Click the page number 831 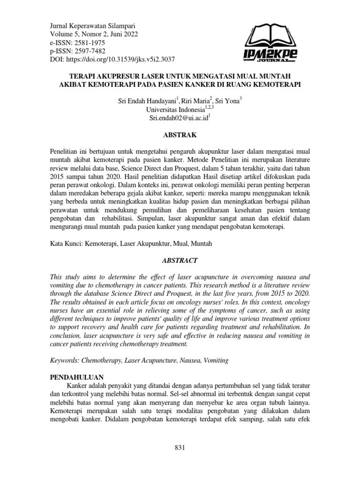click(180, 448)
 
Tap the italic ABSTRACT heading click(180, 260)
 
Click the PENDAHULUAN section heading click(76, 376)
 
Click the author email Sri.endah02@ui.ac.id click(178, 118)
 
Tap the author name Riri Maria click(197, 101)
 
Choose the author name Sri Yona click(229, 101)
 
